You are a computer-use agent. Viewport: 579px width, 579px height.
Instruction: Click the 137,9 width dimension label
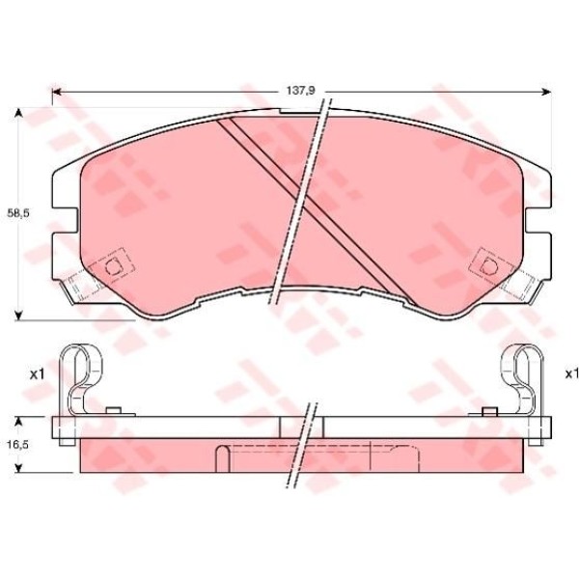(300, 91)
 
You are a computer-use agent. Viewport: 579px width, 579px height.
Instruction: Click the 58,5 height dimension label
(18, 213)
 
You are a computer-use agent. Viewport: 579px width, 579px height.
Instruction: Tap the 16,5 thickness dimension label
(17, 445)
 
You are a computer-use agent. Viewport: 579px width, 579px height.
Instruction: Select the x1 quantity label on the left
(37, 374)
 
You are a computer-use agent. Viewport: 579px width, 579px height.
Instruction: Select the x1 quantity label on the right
(571, 374)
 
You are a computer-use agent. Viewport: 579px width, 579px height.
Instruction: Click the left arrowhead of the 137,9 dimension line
(57, 92)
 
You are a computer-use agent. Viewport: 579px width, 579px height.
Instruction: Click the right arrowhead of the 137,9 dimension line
(546, 92)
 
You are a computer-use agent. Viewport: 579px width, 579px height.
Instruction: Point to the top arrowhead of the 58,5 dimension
(18, 113)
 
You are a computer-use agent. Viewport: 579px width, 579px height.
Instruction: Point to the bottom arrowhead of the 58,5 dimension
(18, 316)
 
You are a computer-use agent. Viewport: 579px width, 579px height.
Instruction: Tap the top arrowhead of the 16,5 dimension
(18, 422)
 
